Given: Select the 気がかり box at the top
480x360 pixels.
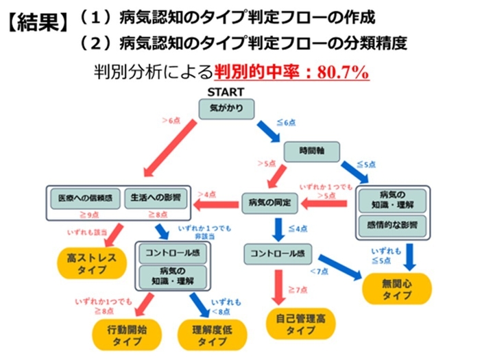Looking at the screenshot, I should (226, 108).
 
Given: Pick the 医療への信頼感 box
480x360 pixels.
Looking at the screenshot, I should (86, 199).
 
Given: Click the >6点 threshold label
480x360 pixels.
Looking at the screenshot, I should (171, 121).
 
